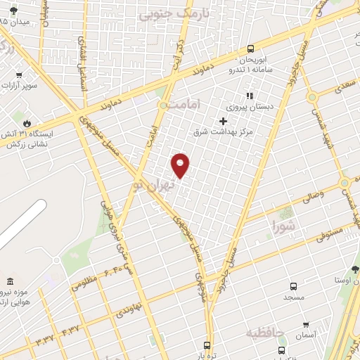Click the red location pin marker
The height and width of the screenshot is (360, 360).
tap(181, 164)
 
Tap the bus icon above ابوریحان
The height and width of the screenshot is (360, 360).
tap(251, 49)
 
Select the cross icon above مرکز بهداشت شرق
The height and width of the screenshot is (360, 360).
tap(223, 121)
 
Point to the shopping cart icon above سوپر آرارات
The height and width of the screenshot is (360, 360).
tap(19, 75)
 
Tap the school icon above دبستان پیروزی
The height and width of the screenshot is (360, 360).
tap(247, 96)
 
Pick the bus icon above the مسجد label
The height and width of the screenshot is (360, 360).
tap(293, 287)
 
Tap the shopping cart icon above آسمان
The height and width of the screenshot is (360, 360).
tap(306, 325)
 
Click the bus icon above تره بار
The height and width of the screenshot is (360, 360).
tap(206, 345)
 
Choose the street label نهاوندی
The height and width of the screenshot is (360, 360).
tap(129, 307)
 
